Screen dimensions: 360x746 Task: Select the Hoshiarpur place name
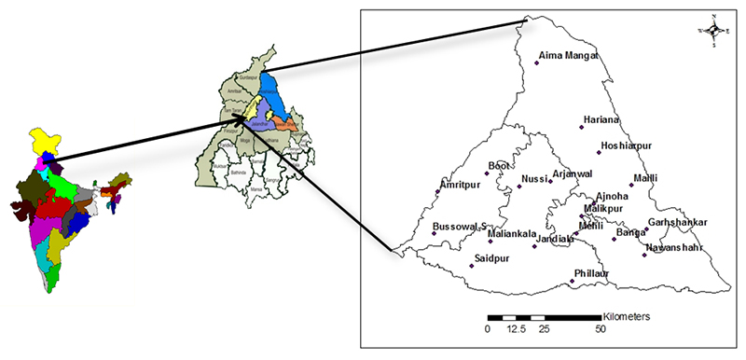[631, 147]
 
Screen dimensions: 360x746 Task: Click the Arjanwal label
[573, 173]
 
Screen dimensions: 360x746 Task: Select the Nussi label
[535, 178]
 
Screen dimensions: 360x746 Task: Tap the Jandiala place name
[556, 239]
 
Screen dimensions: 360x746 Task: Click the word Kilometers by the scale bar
[633, 317]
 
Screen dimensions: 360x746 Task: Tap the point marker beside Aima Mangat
[537, 62]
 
